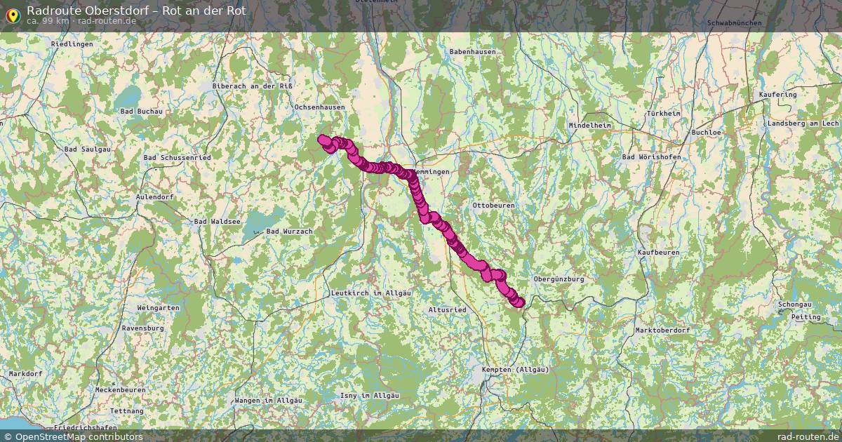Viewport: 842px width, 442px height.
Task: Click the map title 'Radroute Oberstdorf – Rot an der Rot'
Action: coord(136,11)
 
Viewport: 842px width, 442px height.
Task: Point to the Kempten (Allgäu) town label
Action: coord(515,369)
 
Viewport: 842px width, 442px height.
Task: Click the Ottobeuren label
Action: coord(493,206)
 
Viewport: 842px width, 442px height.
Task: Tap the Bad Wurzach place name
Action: coord(289,232)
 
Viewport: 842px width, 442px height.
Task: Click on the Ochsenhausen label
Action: coord(319,107)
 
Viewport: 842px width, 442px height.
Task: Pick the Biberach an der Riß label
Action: coord(252,86)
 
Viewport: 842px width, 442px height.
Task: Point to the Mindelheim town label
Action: coord(589,126)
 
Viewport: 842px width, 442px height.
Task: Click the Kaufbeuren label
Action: coord(658,252)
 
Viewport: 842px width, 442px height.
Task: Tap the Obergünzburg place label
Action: coord(559,279)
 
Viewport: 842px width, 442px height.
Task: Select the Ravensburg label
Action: coord(142,328)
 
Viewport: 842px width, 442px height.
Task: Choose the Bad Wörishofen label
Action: coord(651,157)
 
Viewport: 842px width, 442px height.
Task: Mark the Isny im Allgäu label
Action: coord(369,396)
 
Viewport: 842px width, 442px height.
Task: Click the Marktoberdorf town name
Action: coord(662,330)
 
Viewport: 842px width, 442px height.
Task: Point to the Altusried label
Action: coord(447,309)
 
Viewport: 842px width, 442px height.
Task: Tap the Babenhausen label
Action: coord(472,52)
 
